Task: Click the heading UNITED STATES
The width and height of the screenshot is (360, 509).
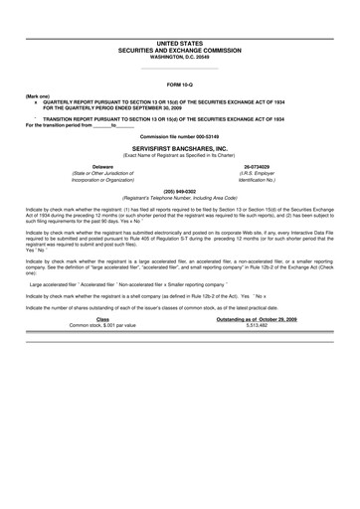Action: tap(180, 44)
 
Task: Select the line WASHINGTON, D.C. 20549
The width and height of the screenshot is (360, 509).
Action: tap(180, 56)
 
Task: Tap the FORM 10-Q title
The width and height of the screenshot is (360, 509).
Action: tap(180, 86)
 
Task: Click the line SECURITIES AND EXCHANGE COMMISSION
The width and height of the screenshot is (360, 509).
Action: tap(180, 50)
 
